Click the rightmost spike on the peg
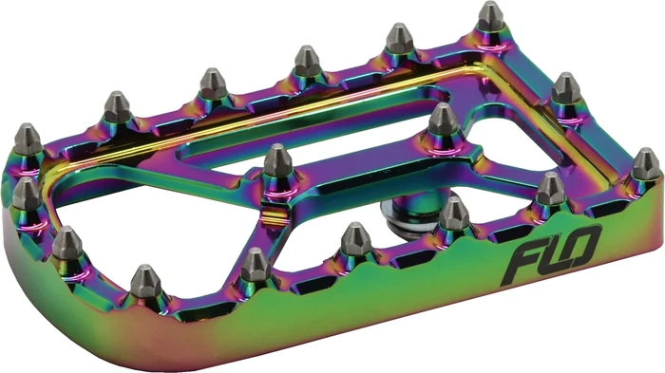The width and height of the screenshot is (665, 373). (645, 163)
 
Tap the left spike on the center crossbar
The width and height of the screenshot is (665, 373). (277, 164)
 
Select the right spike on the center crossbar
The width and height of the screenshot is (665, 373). (443, 122)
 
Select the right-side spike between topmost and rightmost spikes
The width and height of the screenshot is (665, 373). (566, 89)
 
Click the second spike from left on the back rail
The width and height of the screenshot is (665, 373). (117, 107)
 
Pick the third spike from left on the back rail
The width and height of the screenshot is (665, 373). (212, 84)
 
